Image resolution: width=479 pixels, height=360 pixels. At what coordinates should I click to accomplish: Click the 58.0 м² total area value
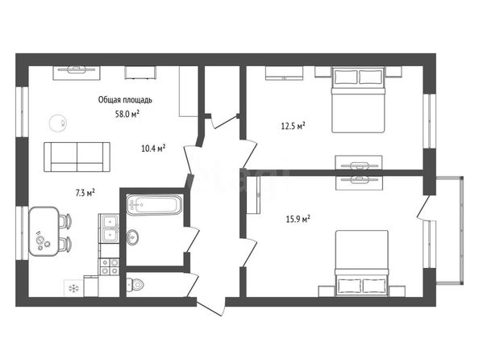(x=127, y=114)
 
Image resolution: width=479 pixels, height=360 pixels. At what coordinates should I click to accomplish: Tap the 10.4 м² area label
(x=153, y=149)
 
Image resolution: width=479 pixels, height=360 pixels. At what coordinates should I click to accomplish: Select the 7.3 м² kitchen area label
(x=85, y=193)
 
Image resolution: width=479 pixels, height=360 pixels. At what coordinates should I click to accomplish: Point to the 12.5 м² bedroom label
(x=294, y=126)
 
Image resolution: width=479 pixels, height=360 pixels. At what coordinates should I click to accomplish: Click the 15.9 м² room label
(x=298, y=219)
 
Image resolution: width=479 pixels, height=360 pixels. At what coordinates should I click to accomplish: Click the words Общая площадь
(x=125, y=100)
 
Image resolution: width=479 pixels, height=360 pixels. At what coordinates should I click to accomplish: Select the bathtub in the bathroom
(x=155, y=204)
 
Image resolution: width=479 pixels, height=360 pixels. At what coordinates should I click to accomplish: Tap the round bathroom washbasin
(x=132, y=237)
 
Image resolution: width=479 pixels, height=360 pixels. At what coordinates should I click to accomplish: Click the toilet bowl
(x=135, y=285)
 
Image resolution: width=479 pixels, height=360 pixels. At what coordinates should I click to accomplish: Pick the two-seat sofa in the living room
(x=77, y=157)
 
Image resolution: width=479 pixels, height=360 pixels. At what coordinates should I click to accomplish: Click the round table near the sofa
(x=58, y=123)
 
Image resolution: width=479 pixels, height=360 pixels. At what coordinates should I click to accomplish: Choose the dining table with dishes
(x=44, y=231)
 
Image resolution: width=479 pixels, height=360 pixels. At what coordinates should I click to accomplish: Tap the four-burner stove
(x=109, y=266)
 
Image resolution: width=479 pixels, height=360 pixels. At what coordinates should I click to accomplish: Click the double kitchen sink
(x=109, y=228)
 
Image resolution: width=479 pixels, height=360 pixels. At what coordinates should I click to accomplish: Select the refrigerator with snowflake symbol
(x=73, y=288)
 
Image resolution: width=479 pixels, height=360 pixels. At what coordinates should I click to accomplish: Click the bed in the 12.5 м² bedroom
(x=358, y=100)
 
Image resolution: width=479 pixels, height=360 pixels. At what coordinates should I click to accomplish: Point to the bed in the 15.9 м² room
(x=362, y=264)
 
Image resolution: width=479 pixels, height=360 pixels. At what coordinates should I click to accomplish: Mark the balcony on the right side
(x=450, y=230)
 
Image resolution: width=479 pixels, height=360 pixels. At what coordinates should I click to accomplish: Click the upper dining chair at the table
(x=65, y=221)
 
